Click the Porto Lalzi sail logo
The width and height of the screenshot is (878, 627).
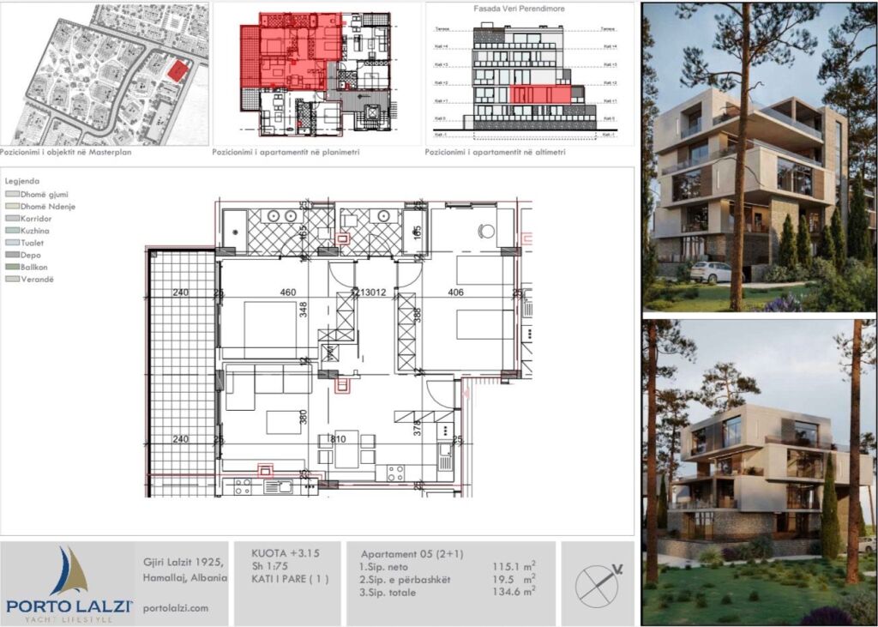tap(69, 573)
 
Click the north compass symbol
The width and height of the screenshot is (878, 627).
tap(598, 583)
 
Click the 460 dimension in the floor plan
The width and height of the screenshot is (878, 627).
tap(288, 292)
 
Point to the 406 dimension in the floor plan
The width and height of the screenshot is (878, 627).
tap(455, 292)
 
